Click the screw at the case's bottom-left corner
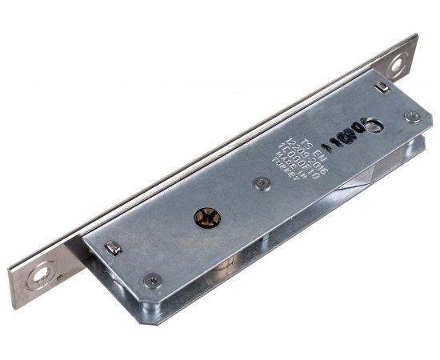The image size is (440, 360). (x=152, y=281)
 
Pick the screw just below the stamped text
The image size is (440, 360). (x=262, y=183)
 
